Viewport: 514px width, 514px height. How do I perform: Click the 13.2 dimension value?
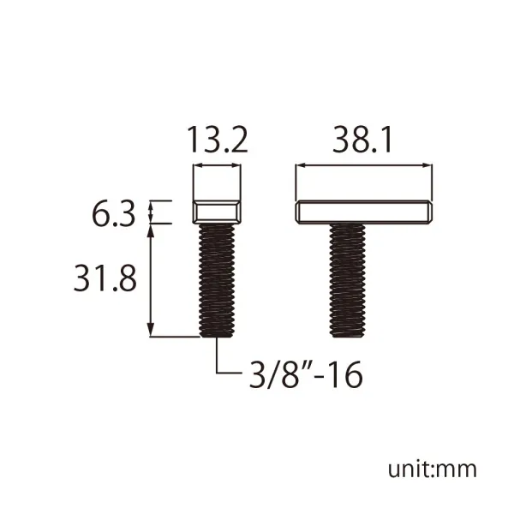pyautogui.click(x=218, y=140)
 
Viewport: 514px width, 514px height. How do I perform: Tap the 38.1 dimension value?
pyautogui.click(x=362, y=140)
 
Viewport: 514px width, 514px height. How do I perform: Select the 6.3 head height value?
pyautogui.click(x=113, y=214)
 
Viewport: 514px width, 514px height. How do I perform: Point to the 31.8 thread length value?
pyautogui.click(x=105, y=279)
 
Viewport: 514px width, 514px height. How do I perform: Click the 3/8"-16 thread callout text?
pyautogui.click(x=306, y=374)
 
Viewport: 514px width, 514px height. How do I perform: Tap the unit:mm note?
pyautogui.click(x=433, y=469)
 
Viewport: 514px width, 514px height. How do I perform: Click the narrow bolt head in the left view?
pyautogui.click(x=217, y=212)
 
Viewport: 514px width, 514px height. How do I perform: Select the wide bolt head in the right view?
pyautogui.click(x=363, y=212)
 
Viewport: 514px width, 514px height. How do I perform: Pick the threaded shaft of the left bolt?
pyautogui.click(x=217, y=281)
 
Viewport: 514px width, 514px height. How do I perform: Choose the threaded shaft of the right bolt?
pyautogui.click(x=347, y=281)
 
